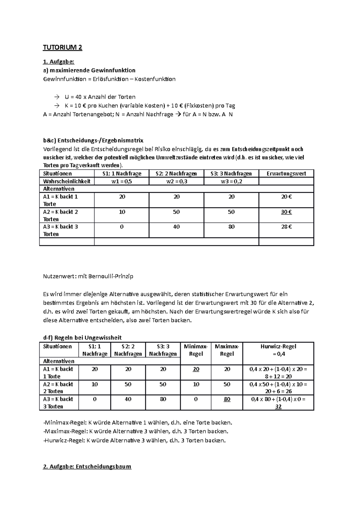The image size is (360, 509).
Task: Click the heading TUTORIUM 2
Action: coord(62,48)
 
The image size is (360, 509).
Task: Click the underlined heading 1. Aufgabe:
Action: coord(58,62)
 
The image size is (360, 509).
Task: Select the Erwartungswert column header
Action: coord(286,174)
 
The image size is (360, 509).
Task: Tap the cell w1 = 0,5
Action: coord(121,181)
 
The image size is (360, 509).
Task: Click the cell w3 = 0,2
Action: coord(231,181)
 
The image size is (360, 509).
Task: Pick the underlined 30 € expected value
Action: coord(286,212)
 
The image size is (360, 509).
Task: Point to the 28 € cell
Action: coord(286,227)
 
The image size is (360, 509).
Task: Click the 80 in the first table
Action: coord(231,227)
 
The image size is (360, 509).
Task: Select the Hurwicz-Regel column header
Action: coord(278,347)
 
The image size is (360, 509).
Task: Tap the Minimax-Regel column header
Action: coord(196,350)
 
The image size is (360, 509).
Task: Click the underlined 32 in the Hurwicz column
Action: coord(278,407)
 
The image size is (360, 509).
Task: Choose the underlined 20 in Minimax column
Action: coord(196,369)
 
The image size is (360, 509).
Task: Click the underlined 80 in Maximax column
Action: coord(227,399)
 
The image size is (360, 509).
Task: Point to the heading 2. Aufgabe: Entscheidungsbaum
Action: coord(87,467)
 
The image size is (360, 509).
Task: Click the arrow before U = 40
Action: coord(57,97)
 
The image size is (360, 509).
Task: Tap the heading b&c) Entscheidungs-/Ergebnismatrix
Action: coord(93,140)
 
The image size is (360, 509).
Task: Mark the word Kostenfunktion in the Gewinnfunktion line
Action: coord(155,79)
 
